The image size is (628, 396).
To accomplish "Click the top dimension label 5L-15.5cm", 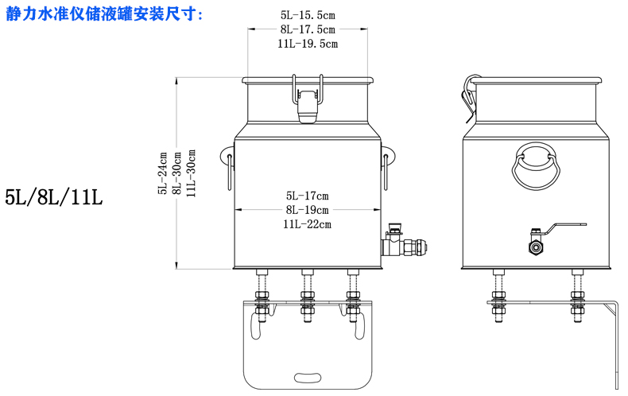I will pyautogui.click(x=308, y=14).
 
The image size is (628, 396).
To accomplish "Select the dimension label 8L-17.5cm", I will pyautogui.click(x=308, y=29).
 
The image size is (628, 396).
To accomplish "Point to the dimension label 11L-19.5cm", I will pyautogui.click(x=308, y=44).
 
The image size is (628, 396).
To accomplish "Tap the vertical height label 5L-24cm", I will pyautogui.click(x=163, y=173).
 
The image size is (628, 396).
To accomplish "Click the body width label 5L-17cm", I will pyautogui.click(x=307, y=195).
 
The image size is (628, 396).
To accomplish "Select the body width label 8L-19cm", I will pyautogui.click(x=307, y=210).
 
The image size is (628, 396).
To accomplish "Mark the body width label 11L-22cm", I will pyautogui.click(x=307, y=224).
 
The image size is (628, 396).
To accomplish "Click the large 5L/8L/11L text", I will pyautogui.click(x=54, y=197).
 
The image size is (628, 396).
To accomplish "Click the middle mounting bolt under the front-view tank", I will pyautogui.click(x=307, y=298).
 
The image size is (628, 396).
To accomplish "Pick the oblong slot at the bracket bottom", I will pyautogui.click(x=307, y=376).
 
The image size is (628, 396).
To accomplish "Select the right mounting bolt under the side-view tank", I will pyautogui.click(x=577, y=297).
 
